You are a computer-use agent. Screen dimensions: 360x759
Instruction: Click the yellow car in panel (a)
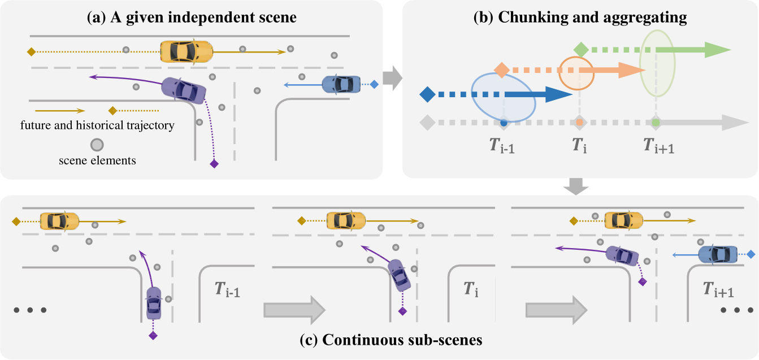[187, 51]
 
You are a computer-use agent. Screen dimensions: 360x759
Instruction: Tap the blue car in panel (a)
[341, 84]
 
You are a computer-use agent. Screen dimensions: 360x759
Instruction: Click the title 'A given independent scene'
[192, 18]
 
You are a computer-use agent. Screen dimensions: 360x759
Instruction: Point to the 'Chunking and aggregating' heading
[580, 18]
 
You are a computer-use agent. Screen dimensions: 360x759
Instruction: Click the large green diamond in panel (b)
[580, 50]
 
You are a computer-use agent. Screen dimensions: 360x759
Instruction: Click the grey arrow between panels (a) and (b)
[392, 77]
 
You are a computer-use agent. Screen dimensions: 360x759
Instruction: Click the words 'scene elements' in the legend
[97, 161]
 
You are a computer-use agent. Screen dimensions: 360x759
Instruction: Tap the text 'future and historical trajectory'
[105, 125]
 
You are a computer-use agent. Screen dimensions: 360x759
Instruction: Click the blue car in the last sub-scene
[718, 254]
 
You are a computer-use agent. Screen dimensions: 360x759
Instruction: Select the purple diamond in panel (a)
[214, 164]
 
